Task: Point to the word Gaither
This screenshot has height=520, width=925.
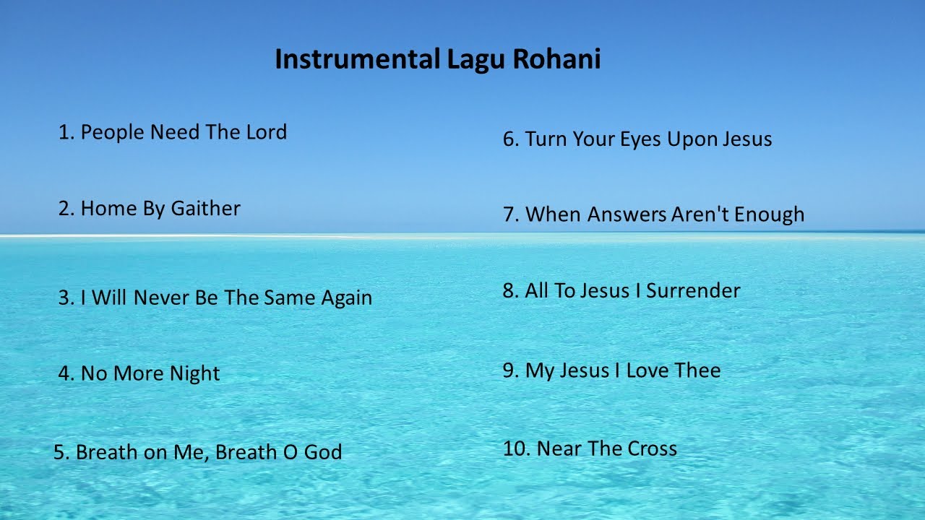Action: tap(205, 209)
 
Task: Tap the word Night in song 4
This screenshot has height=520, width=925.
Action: tap(194, 374)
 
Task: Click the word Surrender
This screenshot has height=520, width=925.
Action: tap(693, 291)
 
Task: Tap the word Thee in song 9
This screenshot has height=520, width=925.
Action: tap(697, 370)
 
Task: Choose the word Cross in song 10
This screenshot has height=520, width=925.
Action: tap(652, 448)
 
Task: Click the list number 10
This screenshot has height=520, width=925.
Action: tap(516, 448)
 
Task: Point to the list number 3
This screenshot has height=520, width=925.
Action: tap(65, 298)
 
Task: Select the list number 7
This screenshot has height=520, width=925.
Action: tap(510, 214)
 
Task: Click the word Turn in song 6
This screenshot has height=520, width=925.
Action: tap(546, 139)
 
